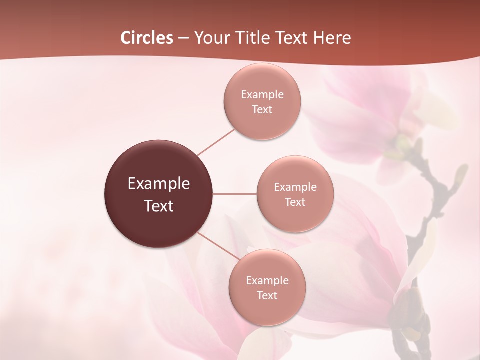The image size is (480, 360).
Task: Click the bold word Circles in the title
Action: [147, 38]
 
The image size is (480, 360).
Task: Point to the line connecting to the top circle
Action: [216, 141]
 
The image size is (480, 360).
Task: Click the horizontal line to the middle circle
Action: [235, 194]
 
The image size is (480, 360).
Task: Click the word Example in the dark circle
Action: [159, 184]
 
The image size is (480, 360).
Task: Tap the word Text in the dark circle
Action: [159, 206]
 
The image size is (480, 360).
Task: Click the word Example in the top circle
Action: [262, 95]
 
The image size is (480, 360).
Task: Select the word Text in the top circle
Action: [262, 110]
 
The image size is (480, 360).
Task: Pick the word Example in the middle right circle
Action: [295, 187]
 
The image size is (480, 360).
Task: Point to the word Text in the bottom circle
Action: [267, 296]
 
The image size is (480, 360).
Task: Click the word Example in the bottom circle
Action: [267, 281]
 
